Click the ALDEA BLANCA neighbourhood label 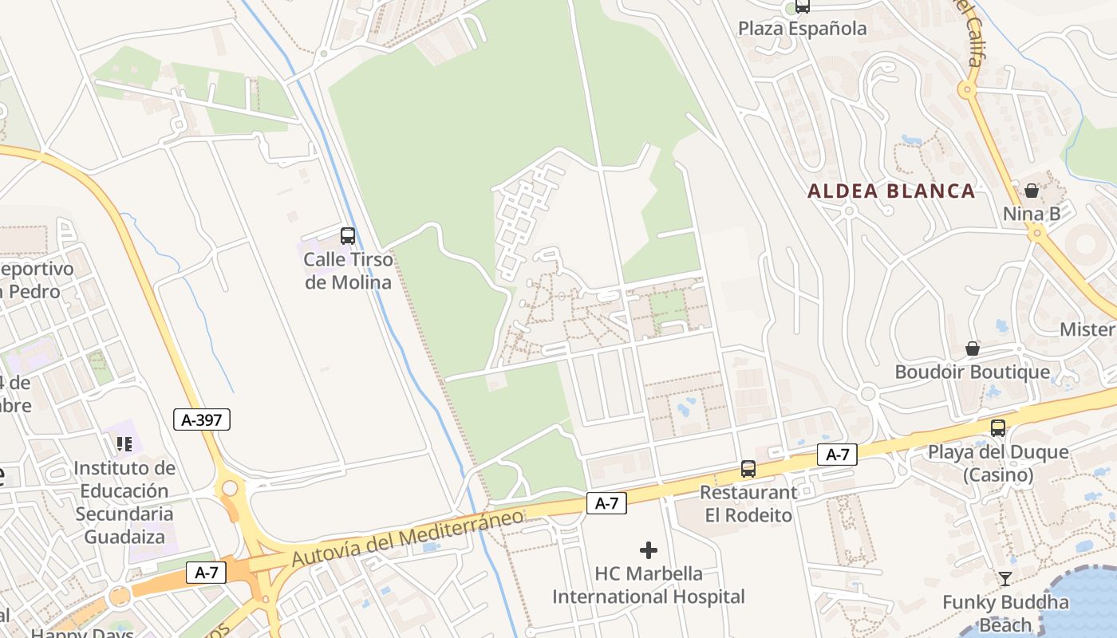[x=891, y=191]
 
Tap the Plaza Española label [x=802, y=29]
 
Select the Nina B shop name [x=1032, y=214]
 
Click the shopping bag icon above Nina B [x=1032, y=191]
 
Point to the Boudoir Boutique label [x=972, y=372]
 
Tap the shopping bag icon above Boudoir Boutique [x=973, y=349]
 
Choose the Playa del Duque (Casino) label [x=997, y=463]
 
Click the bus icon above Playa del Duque [x=997, y=428]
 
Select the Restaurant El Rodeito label [x=748, y=503]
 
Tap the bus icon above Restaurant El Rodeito [x=748, y=469]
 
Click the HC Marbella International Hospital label [x=649, y=585]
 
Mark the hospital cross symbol [x=649, y=550]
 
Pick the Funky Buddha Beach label [x=1005, y=613]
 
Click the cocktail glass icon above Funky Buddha [x=1005, y=579]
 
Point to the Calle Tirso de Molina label [x=348, y=270]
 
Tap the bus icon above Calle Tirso [x=348, y=236]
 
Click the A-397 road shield [x=202, y=419]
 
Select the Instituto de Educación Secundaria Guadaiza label [x=124, y=502]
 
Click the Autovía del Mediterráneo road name [x=407, y=538]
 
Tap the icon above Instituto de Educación [x=124, y=443]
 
